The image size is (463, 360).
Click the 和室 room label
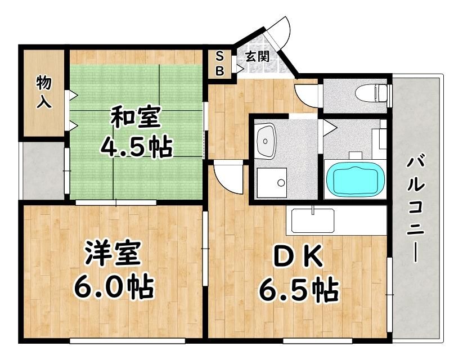point(136,116)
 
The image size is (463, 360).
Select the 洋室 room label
point(113,253)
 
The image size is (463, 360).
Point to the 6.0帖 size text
point(114,287)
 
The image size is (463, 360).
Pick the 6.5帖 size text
point(299,290)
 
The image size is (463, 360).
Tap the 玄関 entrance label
point(258,56)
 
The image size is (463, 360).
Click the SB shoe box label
point(220,63)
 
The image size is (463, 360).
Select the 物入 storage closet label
point(44,92)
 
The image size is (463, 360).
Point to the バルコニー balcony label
point(416,210)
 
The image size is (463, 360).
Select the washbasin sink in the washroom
point(266,141)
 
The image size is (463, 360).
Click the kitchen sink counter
point(313,220)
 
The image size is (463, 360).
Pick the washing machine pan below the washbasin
point(272,182)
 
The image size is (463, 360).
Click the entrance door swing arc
point(279,31)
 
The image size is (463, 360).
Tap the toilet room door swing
point(307,95)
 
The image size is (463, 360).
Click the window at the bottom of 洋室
point(127,341)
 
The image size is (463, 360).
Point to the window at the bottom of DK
point(318,341)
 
